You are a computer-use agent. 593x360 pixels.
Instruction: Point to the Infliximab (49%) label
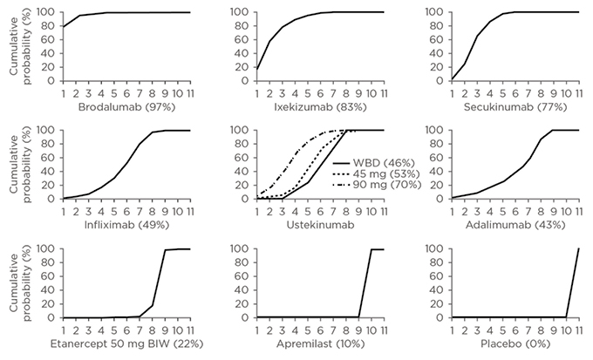coord(126,223)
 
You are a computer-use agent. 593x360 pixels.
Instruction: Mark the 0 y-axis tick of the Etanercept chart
coord(55,318)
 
